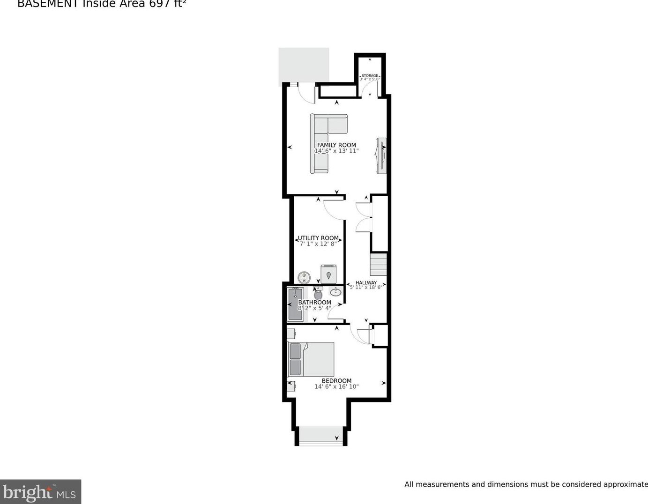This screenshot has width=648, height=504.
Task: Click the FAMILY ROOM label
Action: (336, 145)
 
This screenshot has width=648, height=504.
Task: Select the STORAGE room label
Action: (370, 75)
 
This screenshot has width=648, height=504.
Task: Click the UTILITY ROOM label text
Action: (318, 238)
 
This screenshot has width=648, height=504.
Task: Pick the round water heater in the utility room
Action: (304, 277)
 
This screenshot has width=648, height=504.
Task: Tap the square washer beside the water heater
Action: (328, 274)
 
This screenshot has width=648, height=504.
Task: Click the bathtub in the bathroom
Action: (295, 304)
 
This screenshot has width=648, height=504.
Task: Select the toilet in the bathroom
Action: (318, 294)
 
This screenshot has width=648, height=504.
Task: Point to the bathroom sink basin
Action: (335, 293)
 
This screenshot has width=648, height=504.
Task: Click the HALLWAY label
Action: (366, 282)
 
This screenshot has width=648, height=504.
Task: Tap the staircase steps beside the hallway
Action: (379, 265)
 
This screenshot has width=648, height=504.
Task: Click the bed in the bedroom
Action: (311, 359)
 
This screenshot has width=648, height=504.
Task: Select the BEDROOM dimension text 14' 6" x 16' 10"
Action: (336, 387)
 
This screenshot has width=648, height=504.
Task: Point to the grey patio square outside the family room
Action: (304, 65)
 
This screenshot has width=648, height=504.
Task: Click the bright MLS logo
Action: (40, 492)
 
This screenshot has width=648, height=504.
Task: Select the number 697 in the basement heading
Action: (160, 4)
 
